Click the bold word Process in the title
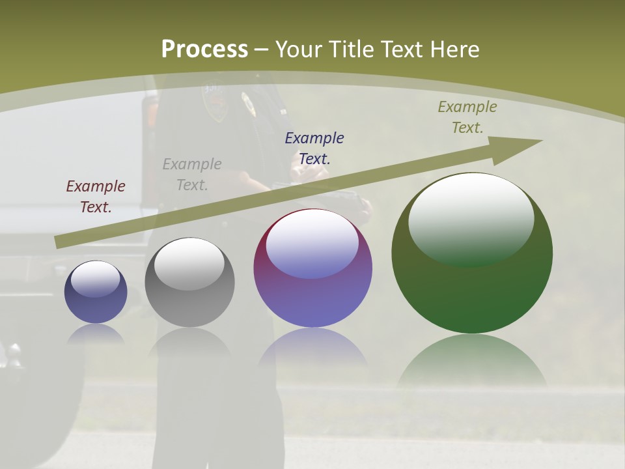click(204, 49)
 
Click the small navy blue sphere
click(96, 292)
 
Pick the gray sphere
click(189, 283)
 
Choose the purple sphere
click(312, 268)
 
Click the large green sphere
click(472, 253)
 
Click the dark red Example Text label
click(95, 197)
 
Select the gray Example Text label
click(192, 175)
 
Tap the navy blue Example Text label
click(314, 148)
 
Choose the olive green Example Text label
click(467, 117)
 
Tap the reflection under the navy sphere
click(96, 333)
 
